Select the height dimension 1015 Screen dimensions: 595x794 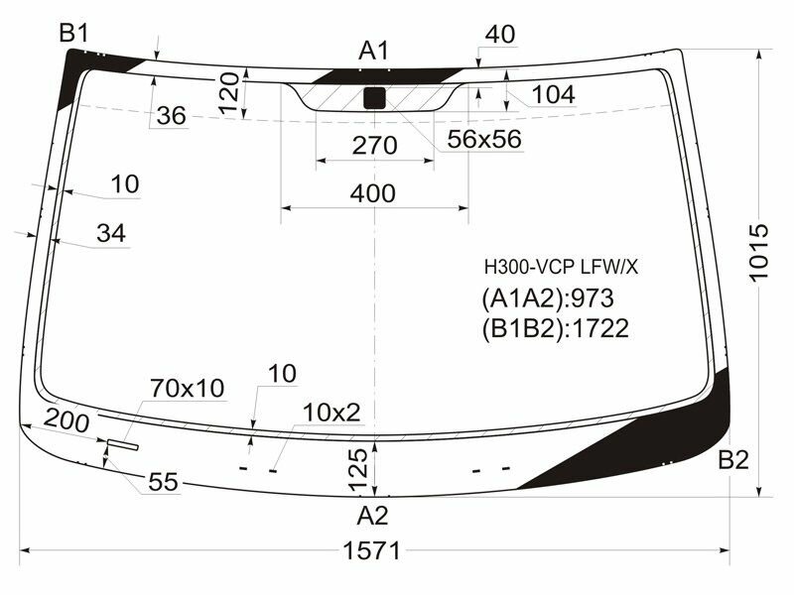[x=758, y=253]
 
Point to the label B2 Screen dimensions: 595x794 [x=733, y=459]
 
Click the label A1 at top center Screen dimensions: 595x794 [x=374, y=51]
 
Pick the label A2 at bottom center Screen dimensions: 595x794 [x=373, y=515]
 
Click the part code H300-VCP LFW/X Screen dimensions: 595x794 [x=561, y=267]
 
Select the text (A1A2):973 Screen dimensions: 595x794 [x=548, y=297]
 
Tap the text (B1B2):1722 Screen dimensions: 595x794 [x=555, y=328]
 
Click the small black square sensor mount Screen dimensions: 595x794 [x=375, y=97]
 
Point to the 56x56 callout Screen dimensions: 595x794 [x=483, y=140]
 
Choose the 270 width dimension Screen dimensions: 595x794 [x=374, y=146]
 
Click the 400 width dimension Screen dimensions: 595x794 [x=373, y=193]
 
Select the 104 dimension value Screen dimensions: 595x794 [x=553, y=95]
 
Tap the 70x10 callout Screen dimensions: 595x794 [x=188, y=387]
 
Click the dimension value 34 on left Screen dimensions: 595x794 [x=112, y=234]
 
